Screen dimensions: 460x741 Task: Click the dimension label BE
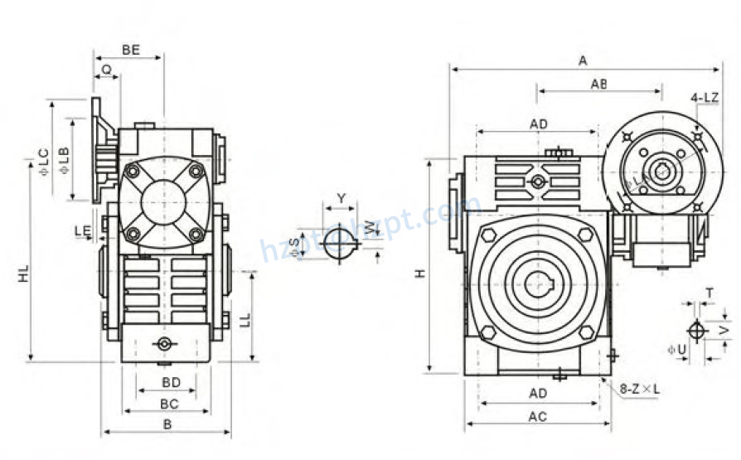[130, 50]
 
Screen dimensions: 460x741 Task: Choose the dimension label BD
[171, 383]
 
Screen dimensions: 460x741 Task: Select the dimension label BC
[169, 404]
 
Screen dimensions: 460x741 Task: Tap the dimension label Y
[341, 198]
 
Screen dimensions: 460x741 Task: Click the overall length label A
[583, 61]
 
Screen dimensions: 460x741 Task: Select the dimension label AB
[598, 84]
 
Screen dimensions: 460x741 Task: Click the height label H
[420, 273]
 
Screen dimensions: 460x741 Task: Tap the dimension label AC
[537, 417]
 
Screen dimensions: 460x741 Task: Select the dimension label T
[709, 293]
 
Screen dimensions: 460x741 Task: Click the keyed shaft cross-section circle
[337, 243]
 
